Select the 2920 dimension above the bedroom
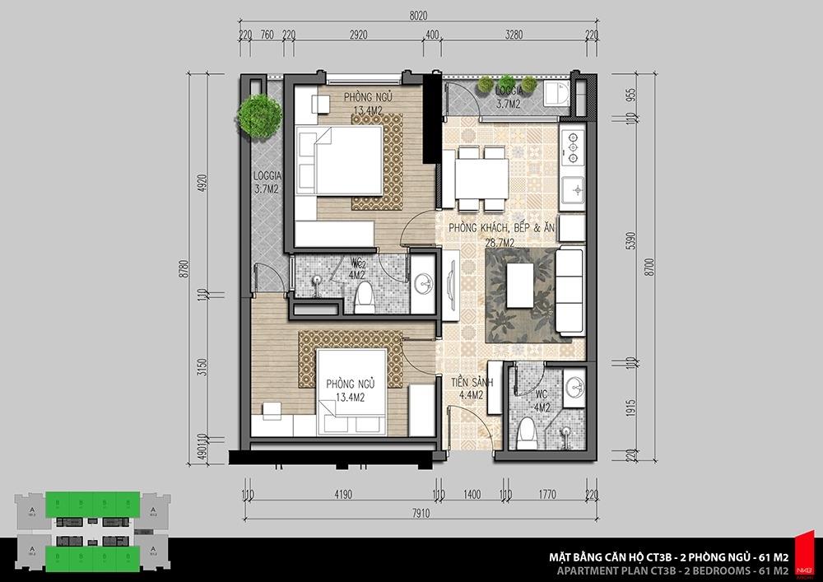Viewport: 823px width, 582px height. (x=358, y=35)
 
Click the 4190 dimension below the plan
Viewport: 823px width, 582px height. (x=342, y=496)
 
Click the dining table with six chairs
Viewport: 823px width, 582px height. (x=481, y=178)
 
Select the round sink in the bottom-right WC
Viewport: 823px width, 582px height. (x=574, y=387)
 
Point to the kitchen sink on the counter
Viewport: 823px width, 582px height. (x=570, y=189)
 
